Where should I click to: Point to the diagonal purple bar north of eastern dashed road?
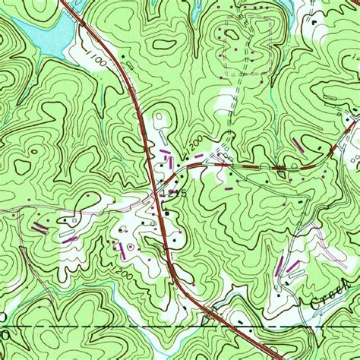pyautogui.click(x=298, y=144)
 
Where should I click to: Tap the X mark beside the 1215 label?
pyautogui.click(x=159, y=194)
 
